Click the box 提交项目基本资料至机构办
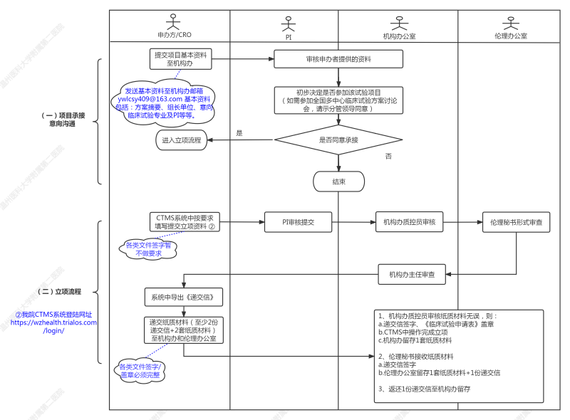174,59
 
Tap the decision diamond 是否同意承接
338,140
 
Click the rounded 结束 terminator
338,182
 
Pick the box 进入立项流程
182,140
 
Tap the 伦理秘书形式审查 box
516,222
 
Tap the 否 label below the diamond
388,155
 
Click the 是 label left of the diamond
239,133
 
